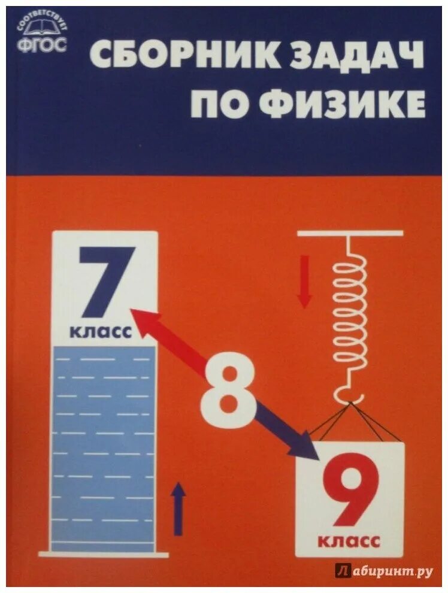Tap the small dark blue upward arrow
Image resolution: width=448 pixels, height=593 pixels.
point(178,509)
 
